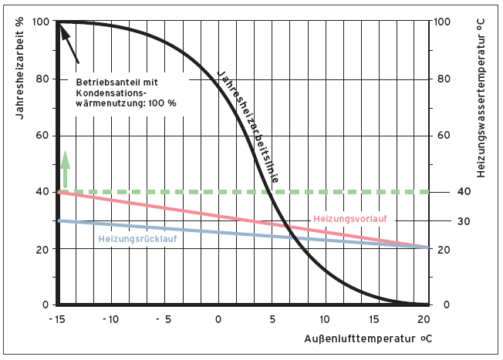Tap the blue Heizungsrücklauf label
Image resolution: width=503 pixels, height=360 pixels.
pyautogui.click(x=142, y=238)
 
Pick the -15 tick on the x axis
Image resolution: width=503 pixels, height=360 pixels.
pyautogui.click(x=58, y=319)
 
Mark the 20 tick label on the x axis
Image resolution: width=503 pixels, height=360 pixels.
pyautogui.click(x=423, y=319)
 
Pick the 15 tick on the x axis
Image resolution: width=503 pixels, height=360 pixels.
pyautogui.click(x=373, y=319)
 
